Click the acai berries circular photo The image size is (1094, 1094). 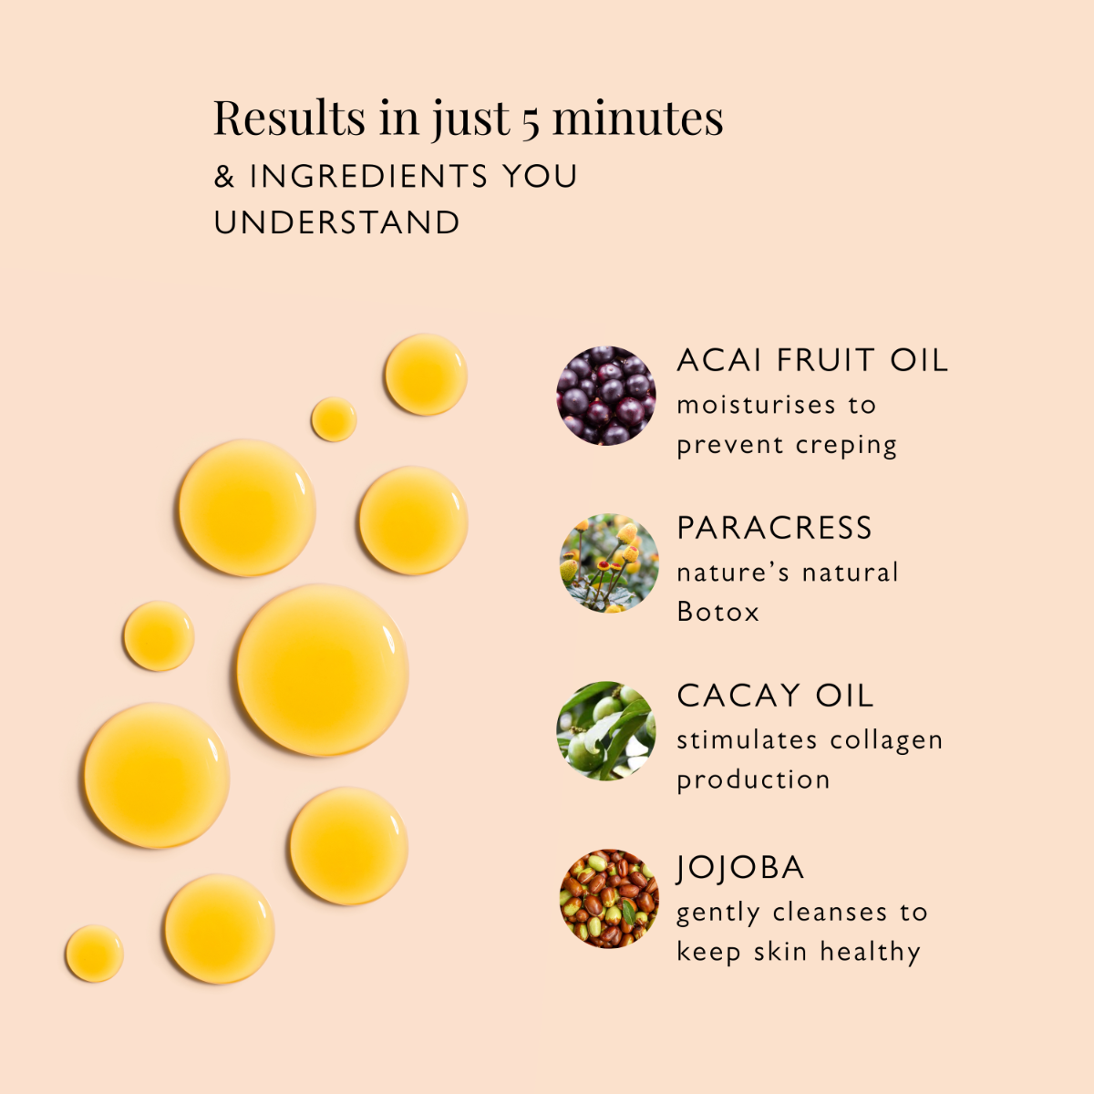coord(606,396)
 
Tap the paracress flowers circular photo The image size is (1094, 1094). coord(608,562)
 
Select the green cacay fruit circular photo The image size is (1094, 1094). coord(606,731)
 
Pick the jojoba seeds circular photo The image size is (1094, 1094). coord(608,899)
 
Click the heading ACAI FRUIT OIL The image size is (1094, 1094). coord(812,360)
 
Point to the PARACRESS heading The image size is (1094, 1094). coord(774,528)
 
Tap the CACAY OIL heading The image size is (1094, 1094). coord(775,696)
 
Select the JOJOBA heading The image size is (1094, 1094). coord(740,867)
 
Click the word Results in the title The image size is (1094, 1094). coord(289,118)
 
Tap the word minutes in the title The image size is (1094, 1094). coord(638,118)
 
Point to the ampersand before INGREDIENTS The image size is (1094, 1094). coord(224,176)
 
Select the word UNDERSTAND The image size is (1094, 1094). coord(336,222)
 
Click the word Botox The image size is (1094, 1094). coord(717,612)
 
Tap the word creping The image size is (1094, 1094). coord(846,446)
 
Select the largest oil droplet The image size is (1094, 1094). coord(322,671)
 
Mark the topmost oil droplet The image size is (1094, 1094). coord(426,375)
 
